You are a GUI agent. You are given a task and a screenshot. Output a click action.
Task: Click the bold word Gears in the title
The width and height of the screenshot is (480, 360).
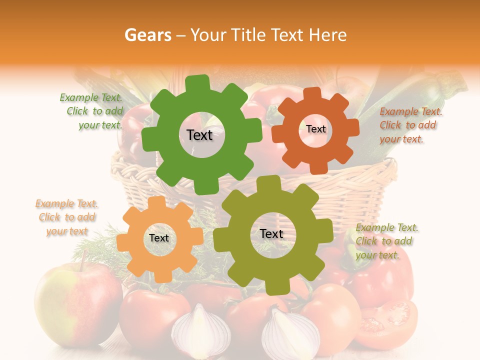(x=147, y=35)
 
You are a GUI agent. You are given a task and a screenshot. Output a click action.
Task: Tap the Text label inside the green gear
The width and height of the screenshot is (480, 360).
(x=199, y=135)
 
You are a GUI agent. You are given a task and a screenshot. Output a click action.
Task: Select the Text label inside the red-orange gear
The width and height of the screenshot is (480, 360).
(x=316, y=129)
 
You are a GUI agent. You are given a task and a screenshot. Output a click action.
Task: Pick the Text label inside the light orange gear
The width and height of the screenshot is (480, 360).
(x=159, y=238)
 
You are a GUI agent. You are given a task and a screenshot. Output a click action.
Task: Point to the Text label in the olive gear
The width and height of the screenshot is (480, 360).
(x=271, y=233)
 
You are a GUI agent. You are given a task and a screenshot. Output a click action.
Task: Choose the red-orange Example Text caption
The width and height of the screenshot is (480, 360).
(x=410, y=125)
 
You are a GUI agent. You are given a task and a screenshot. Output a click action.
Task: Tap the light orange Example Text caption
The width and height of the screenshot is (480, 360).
(x=67, y=217)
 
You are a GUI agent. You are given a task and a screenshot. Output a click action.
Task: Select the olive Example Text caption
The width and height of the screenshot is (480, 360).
(x=386, y=241)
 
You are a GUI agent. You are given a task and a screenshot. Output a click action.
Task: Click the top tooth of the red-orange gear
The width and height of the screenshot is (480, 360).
(x=312, y=94)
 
